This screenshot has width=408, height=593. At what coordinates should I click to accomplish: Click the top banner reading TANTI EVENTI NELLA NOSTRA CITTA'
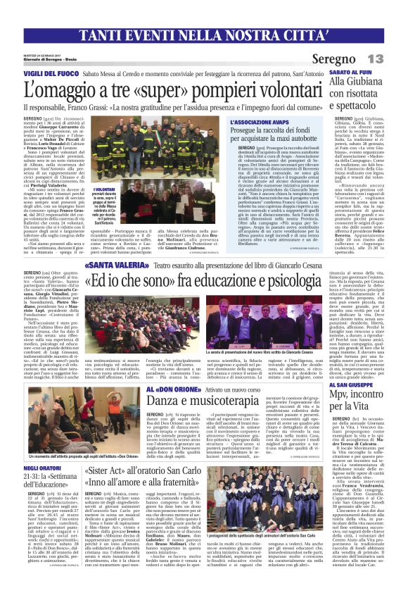203,34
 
